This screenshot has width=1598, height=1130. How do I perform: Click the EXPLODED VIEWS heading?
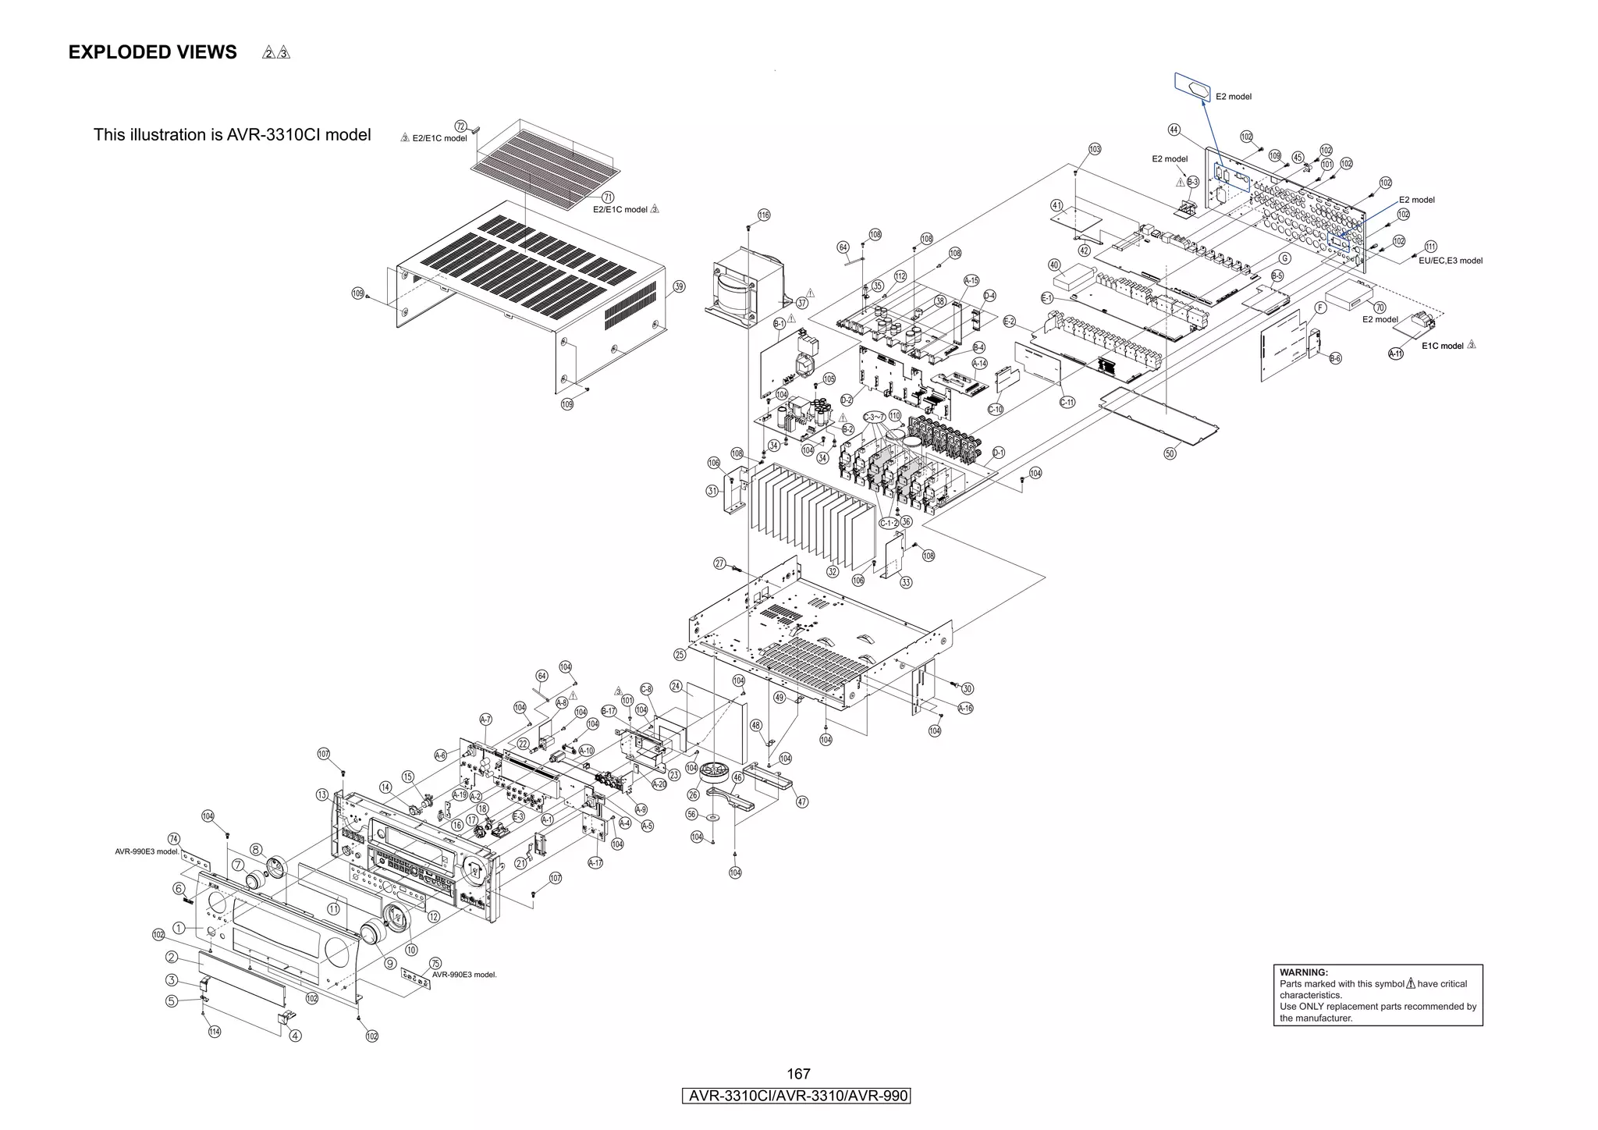pos(152,52)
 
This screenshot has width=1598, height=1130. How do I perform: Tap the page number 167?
pos(798,1074)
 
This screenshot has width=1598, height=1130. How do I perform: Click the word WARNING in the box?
pos(1303,972)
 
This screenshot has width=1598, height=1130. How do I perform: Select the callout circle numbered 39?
pos(679,286)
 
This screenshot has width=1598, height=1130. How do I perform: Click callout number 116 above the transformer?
pos(764,215)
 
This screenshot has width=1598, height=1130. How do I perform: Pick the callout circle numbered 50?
pos(1170,453)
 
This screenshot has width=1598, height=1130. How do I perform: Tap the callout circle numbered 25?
pos(680,655)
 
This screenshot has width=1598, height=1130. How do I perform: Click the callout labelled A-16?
pos(965,709)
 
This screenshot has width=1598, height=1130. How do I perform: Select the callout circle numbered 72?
pos(460,126)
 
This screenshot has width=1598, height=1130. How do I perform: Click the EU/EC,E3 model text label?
pos(1451,261)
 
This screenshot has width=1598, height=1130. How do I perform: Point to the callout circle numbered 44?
pos(1174,130)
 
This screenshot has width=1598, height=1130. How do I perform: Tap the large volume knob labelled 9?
pos(375,932)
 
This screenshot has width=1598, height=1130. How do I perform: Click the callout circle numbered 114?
pos(215,1032)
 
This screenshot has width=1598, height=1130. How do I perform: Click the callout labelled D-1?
pos(999,453)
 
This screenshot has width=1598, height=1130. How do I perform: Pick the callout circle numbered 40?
pos(1054,265)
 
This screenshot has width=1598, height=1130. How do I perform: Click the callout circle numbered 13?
pos(322,794)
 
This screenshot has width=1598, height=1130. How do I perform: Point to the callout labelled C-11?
pos(1067,403)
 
